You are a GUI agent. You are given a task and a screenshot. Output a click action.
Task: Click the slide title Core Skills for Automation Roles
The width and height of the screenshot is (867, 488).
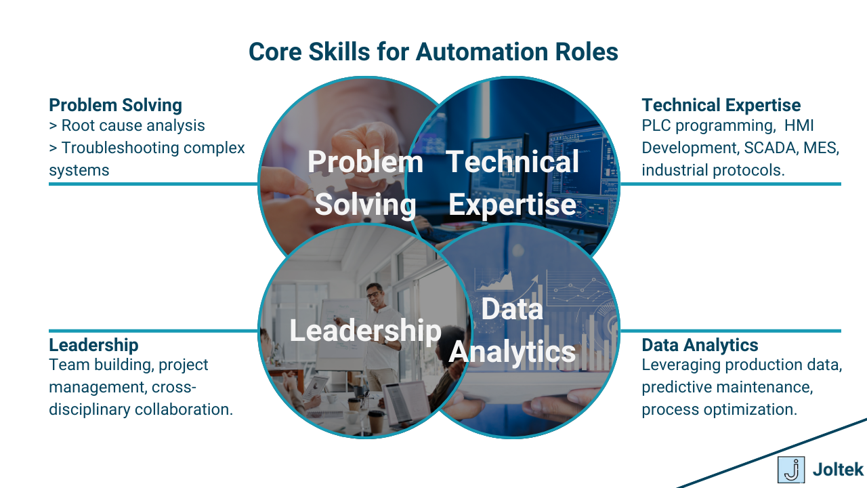click(433, 52)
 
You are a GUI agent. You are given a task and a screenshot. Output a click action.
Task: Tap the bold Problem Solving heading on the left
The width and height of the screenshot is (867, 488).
click(115, 105)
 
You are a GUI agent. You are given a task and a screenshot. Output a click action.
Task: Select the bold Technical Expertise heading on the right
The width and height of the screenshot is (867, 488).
click(721, 105)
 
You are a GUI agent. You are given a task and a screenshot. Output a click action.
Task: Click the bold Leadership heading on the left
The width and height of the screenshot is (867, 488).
click(93, 345)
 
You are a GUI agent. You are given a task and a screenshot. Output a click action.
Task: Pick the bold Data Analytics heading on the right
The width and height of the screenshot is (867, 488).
click(700, 345)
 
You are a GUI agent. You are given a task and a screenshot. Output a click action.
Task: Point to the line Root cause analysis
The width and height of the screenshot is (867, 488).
click(133, 125)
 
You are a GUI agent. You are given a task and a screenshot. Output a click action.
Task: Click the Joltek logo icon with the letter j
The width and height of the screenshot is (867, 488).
click(790, 469)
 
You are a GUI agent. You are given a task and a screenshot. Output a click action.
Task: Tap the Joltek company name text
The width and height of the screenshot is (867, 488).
click(838, 469)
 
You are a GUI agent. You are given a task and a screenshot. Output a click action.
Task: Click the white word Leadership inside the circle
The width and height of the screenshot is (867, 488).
click(365, 330)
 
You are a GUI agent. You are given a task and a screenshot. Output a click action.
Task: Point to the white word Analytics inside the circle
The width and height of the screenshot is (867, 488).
click(512, 352)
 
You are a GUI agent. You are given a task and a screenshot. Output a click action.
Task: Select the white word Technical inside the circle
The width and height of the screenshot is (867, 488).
click(512, 162)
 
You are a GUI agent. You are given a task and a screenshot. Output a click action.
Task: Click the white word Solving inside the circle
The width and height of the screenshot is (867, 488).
click(365, 204)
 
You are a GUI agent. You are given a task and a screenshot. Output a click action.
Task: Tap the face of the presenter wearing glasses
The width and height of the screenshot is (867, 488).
click(374, 293)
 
